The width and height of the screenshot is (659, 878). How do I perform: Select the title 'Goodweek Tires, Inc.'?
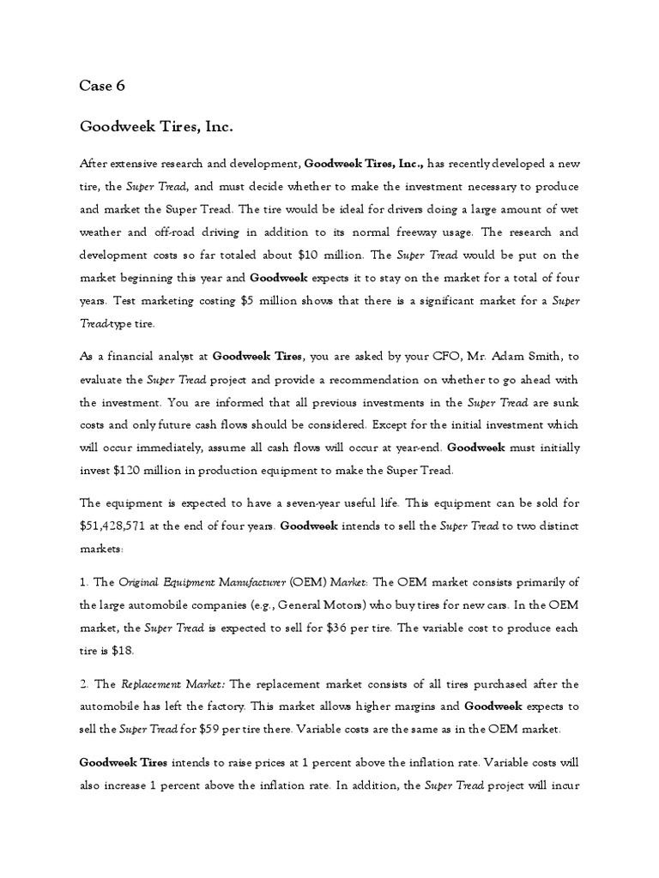[x=156, y=126]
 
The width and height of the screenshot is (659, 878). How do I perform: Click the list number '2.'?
[x=86, y=683]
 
